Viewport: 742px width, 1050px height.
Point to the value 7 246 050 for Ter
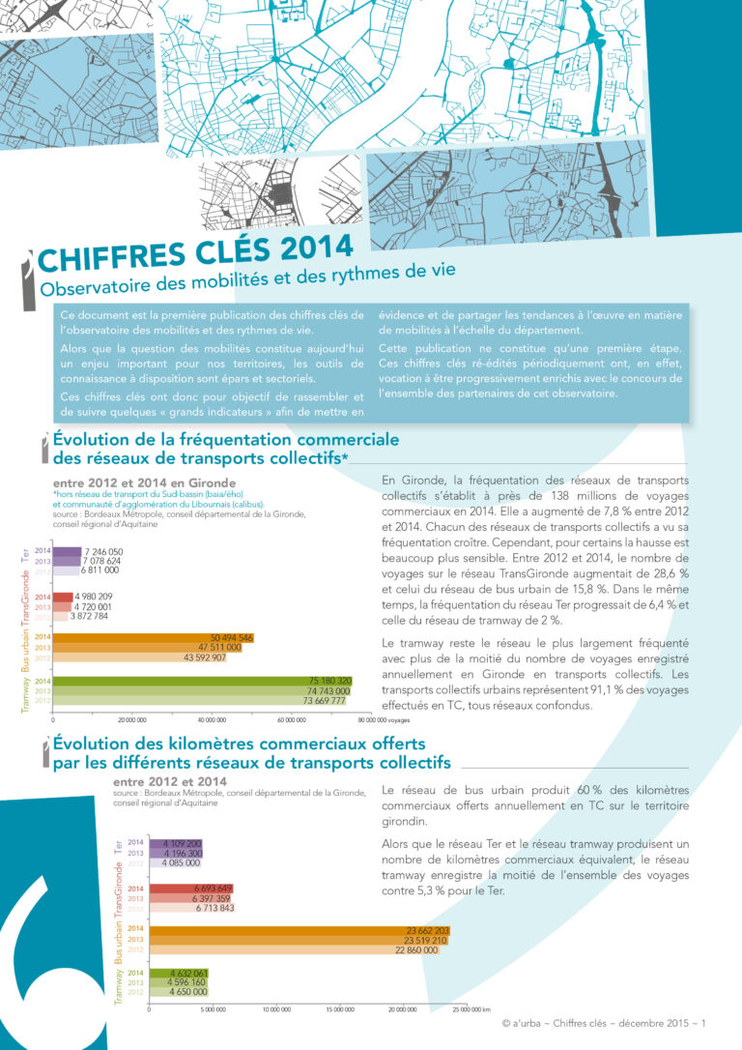tap(104, 551)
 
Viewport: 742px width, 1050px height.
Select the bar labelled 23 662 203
tap(290, 930)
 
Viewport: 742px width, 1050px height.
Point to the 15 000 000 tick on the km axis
tap(340, 1009)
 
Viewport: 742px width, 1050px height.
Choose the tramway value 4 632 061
tap(188, 973)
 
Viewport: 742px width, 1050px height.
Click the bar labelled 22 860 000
tap(280, 950)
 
